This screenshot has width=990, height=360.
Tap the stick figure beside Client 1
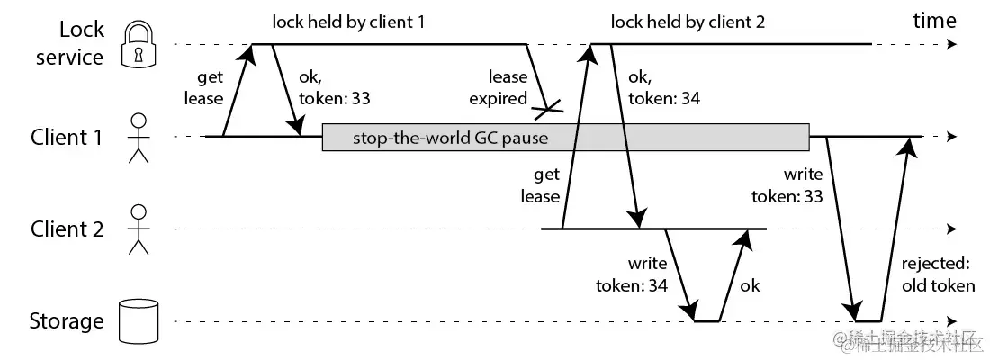[138, 138]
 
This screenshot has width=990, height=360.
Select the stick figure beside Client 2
[138, 229]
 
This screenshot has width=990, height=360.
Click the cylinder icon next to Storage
[138, 321]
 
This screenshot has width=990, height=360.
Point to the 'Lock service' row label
[69, 43]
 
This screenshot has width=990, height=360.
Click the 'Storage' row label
[67, 321]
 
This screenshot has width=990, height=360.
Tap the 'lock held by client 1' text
[348, 22]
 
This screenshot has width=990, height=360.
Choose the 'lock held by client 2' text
[688, 22]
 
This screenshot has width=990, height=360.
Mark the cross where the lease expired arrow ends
[547, 111]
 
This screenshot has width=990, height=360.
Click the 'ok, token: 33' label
[334, 88]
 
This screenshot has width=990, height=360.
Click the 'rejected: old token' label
[938, 274]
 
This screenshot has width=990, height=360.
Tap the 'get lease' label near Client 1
[203, 88]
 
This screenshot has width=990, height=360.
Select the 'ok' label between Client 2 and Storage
[749, 285]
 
